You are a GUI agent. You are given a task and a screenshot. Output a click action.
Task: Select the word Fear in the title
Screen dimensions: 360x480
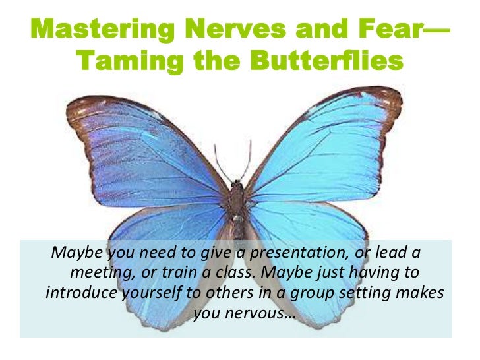coord(378,30)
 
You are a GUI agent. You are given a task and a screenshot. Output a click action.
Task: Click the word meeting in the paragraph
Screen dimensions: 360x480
coord(98,272)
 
